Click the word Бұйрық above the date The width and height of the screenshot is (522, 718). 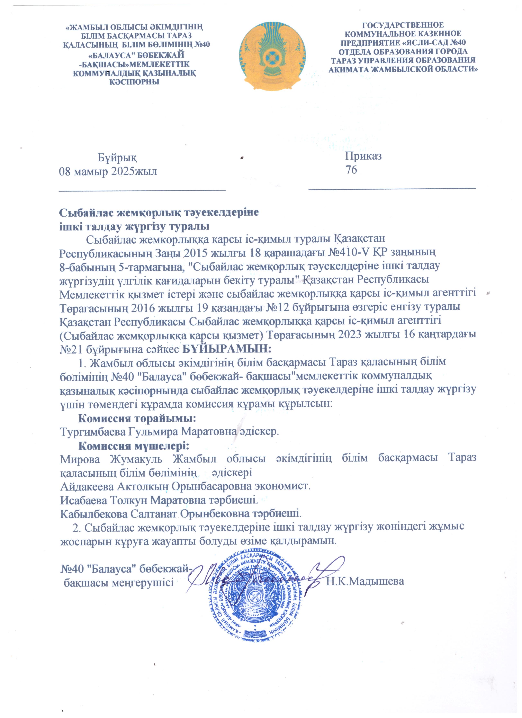pyautogui.click(x=117, y=157)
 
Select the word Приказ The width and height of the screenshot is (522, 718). pyautogui.click(x=363, y=156)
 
